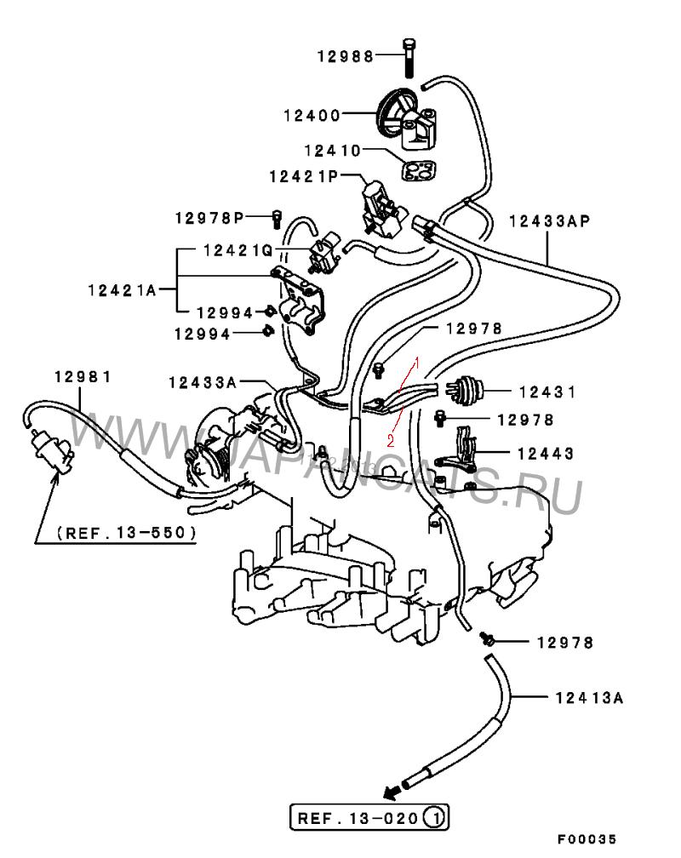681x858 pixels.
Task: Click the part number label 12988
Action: (x=345, y=56)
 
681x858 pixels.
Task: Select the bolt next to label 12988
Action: (x=409, y=58)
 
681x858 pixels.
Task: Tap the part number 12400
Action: (x=312, y=116)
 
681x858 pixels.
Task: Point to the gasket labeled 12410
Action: (x=419, y=170)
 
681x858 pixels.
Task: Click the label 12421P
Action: (x=304, y=177)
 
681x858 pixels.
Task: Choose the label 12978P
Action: (x=209, y=218)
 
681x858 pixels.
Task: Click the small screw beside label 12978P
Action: (x=277, y=219)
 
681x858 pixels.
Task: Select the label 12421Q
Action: (x=238, y=250)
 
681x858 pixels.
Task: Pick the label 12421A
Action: (x=122, y=290)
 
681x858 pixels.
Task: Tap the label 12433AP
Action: (x=550, y=221)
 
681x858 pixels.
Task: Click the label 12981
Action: (x=83, y=376)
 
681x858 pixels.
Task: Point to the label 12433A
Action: (x=203, y=382)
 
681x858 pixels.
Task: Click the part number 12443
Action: (x=546, y=454)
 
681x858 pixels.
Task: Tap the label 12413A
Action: (x=590, y=698)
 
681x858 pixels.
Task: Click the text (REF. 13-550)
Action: (x=127, y=533)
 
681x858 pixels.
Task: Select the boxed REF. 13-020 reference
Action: (x=369, y=818)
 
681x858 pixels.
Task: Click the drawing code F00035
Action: (x=587, y=839)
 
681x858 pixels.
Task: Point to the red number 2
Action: (x=391, y=441)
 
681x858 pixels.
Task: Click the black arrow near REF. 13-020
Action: (x=392, y=791)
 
